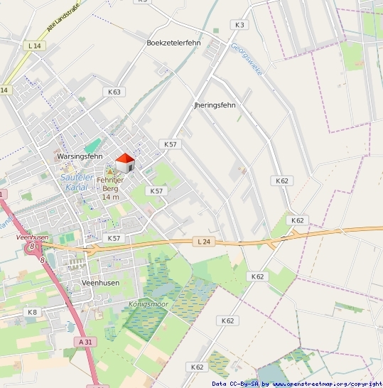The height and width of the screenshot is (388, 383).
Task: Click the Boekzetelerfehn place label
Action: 173,43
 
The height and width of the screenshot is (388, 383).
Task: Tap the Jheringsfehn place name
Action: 214,104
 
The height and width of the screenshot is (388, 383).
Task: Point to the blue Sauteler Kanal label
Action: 77,181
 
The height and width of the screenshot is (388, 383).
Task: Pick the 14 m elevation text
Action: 110,196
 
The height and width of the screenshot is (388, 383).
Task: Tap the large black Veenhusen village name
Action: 100,282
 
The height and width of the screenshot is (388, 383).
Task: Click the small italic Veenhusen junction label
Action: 31,237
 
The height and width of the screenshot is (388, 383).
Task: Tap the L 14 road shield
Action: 33,45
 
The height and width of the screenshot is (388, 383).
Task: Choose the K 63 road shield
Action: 114,92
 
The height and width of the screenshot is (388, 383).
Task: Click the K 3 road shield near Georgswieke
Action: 239,25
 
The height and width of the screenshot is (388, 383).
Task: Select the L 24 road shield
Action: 203,242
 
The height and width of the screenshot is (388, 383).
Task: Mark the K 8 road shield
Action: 32,312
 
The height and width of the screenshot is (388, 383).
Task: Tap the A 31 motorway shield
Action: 85,342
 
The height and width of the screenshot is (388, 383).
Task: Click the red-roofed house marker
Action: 125,163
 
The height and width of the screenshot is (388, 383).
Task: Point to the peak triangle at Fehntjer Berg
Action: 110,173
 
